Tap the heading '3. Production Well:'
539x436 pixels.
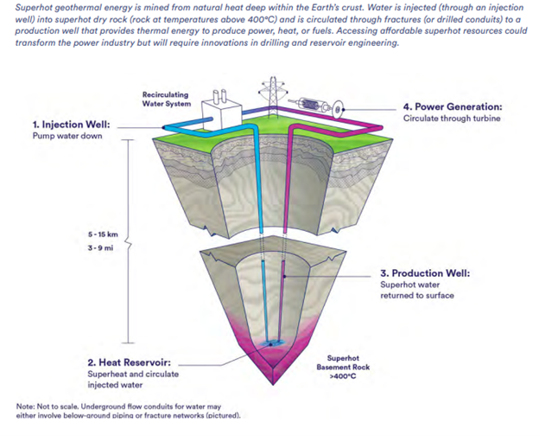click(x=425, y=273)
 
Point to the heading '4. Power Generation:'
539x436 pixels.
click(x=452, y=107)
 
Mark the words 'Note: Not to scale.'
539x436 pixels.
click(x=44, y=406)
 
